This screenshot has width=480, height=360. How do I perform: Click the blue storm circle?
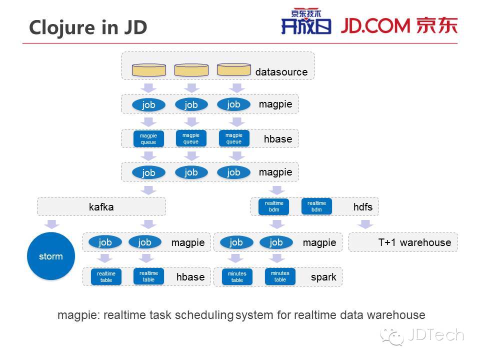tap(51, 256)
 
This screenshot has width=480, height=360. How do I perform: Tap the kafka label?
tap(101, 206)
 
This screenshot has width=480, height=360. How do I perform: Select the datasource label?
tap(281, 72)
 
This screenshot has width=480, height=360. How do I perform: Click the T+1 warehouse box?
tap(403, 242)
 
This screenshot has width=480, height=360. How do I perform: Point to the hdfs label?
tap(362, 206)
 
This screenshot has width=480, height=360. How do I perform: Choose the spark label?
tap(323, 276)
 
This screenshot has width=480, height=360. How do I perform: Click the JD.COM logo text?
tap(376, 25)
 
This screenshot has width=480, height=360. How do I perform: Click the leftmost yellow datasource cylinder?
tap(148, 70)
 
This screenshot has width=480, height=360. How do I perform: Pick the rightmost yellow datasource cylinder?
tap(234, 69)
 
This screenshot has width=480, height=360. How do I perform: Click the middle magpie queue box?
tap(191, 138)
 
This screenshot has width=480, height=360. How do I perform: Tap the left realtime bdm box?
tap(274, 206)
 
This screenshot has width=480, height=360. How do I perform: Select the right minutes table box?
tap(280, 276)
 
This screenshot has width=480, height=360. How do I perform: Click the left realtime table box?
tap(106, 277)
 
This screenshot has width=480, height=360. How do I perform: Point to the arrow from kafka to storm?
tap(51, 223)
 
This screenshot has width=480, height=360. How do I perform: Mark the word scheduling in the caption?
tap(204, 315)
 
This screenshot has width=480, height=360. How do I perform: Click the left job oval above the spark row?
tap(236, 242)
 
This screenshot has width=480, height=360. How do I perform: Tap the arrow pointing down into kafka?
tap(148, 189)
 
